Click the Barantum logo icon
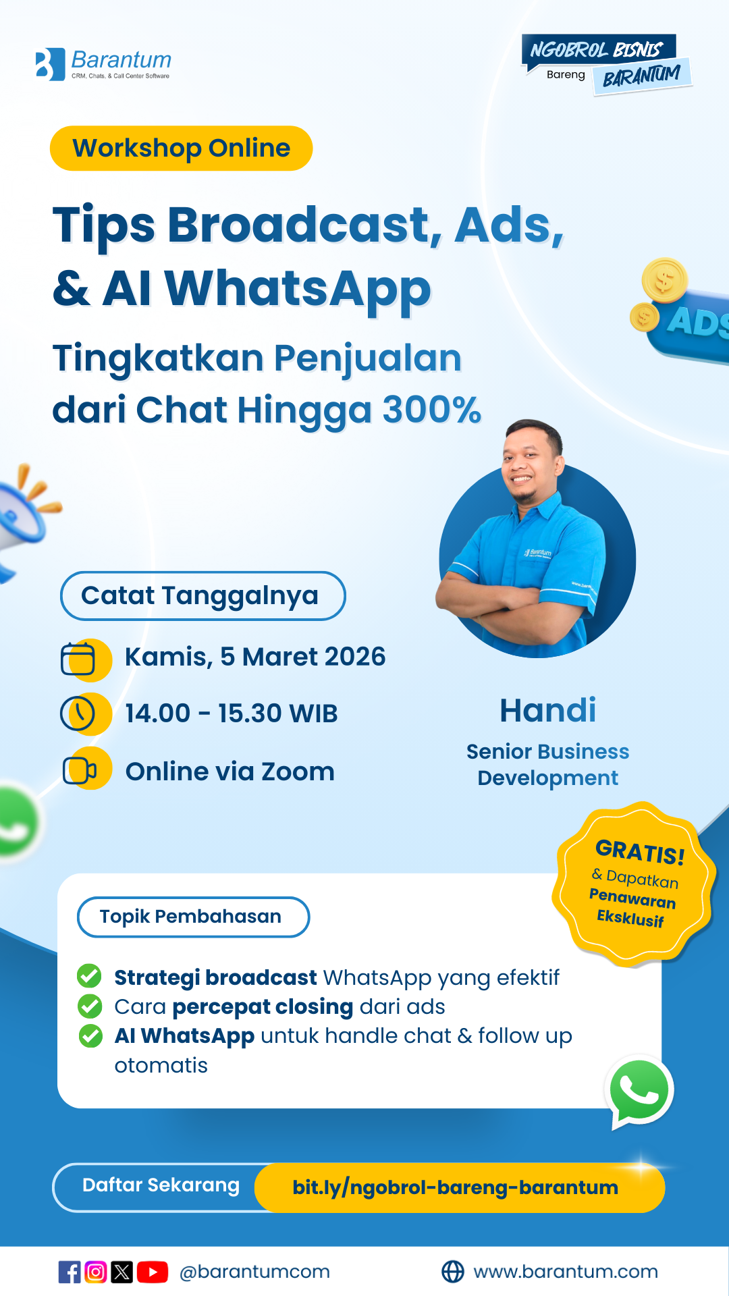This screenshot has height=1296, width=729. (50, 65)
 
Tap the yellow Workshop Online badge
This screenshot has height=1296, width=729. (181, 148)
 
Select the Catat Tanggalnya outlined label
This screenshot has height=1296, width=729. (202, 596)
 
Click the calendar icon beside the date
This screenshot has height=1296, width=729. (79, 659)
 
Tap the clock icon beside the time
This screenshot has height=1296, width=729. (79, 713)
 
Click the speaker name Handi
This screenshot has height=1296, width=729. (547, 711)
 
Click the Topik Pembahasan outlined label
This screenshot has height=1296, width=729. (193, 917)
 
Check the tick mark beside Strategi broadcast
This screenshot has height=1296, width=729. (89, 976)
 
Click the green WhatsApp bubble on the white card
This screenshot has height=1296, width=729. (639, 1090)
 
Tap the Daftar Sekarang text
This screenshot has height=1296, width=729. (161, 1185)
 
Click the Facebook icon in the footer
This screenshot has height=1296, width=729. (70, 1272)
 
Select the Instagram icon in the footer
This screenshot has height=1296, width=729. (96, 1272)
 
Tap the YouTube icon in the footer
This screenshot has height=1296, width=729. (153, 1272)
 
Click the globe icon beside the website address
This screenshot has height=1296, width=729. (452, 1272)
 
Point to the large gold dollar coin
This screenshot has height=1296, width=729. (664, 280)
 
